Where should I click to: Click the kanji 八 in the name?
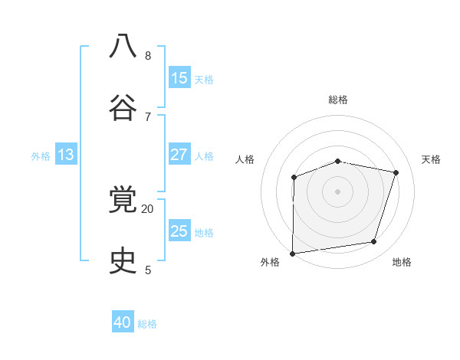click(x=123, y=47)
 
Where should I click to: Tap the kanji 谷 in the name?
click(x=123, y=108)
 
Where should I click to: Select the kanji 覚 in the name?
click(x=123, y=200)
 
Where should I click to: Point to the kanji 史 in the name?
click(x=123, y=261)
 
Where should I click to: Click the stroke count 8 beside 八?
click(x=148, y=56)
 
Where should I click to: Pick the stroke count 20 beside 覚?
click(x=148, y=208)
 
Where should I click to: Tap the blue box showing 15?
click(x=179, y=78)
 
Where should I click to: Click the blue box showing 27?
click(x=179, y=155)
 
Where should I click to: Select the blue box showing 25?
click(x=179, y=231)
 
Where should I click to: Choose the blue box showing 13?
click(x=66, y=155)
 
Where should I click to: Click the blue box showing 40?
click(x=123, y=322)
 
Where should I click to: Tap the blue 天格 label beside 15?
click(x=204, y=79)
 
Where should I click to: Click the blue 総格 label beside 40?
click(x=147, y=324)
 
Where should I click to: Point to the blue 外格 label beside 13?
click(x=41, y=156)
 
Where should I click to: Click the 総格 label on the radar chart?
click(x=338, y=100)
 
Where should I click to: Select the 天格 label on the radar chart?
click(x=432, y=159)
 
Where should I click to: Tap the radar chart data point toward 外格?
click(x=293, y=253)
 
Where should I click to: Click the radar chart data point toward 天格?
click(x=396, y=172)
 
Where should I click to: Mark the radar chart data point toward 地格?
click(x=374, y=242)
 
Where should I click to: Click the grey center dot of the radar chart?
click(x=338, y=191)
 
